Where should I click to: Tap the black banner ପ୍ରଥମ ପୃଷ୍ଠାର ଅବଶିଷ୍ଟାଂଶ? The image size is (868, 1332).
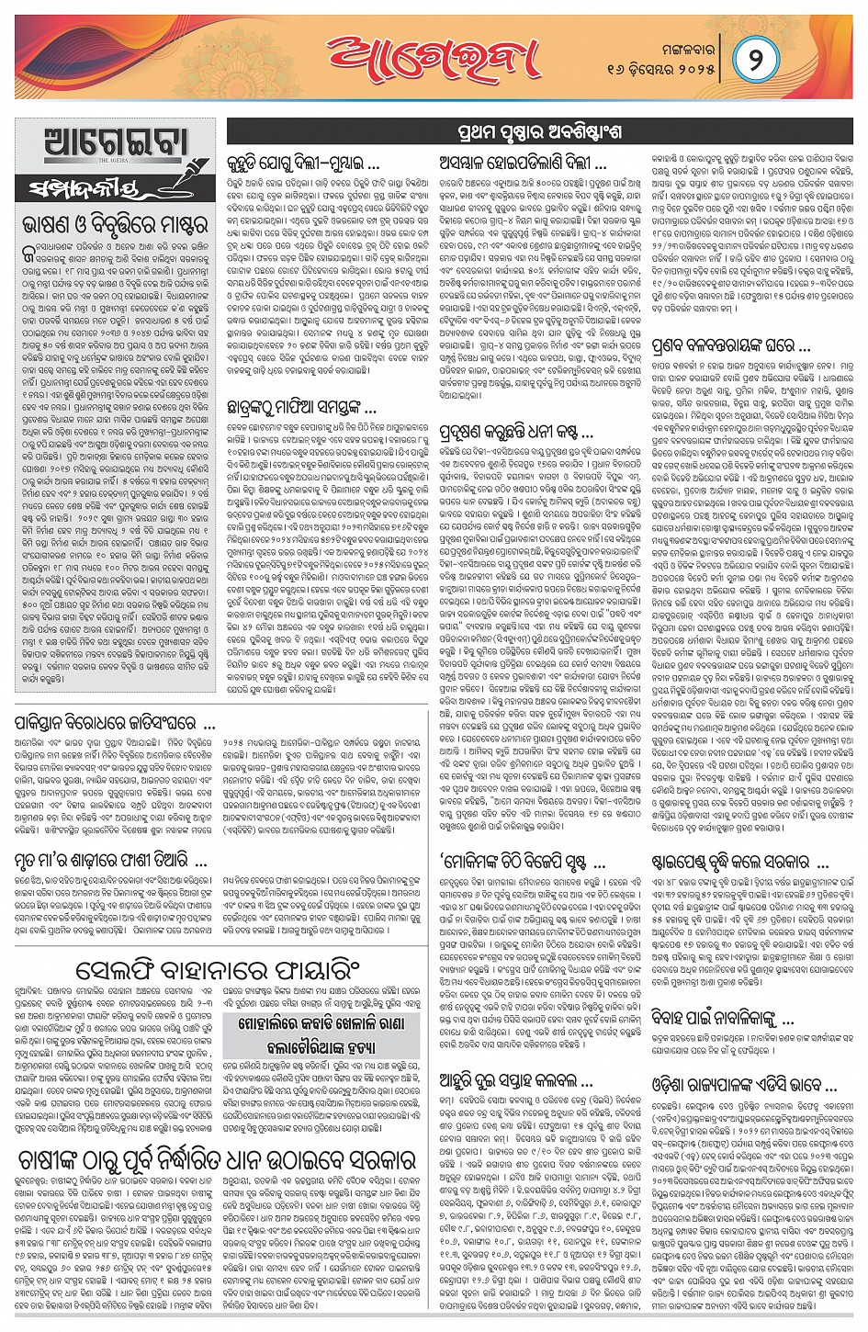click(x=538, y=132)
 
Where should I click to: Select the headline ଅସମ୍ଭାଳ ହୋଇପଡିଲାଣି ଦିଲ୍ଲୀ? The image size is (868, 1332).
click(x=524, y=166)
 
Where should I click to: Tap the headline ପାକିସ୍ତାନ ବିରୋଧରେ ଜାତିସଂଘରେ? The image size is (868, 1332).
click(x=114, y=723)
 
